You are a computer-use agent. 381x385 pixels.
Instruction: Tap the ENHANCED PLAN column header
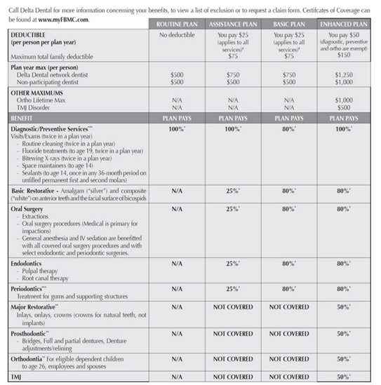343,23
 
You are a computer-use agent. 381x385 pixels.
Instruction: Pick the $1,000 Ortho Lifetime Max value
343,100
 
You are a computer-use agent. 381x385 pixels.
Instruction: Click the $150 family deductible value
343,55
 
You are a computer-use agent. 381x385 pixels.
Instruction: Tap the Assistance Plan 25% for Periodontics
229,289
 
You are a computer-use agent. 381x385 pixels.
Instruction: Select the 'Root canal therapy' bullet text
48,278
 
